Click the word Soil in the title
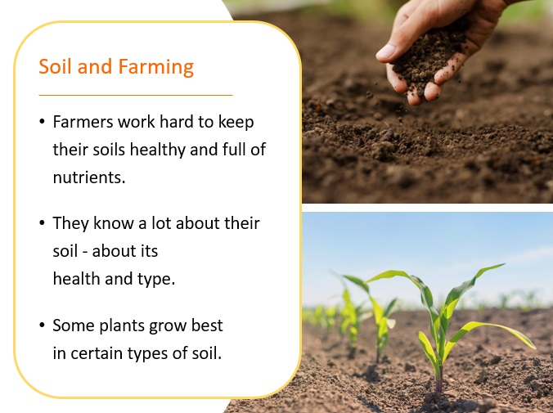(x=55, y=66)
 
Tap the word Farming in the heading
(x=156, y=67)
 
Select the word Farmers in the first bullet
(x=83, y=122)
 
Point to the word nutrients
(x=89, y=177)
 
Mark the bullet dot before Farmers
(x=43, y=122)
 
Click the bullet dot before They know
(x=43, y=223)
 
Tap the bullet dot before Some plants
(x=43, y=325)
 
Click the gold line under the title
(x=136, y=95)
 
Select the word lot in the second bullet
(x=161, y=223)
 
